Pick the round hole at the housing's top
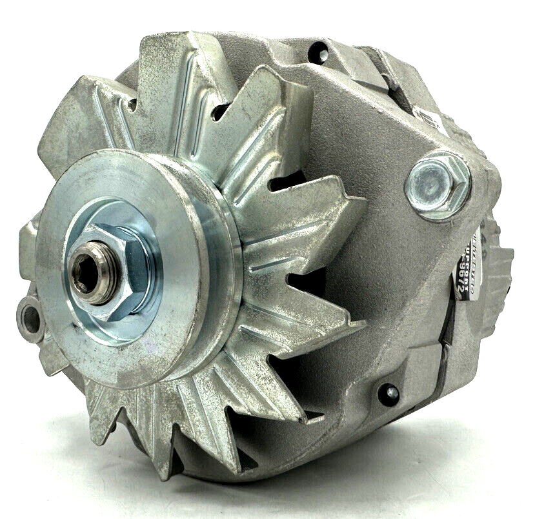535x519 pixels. click(x=318, y=54)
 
